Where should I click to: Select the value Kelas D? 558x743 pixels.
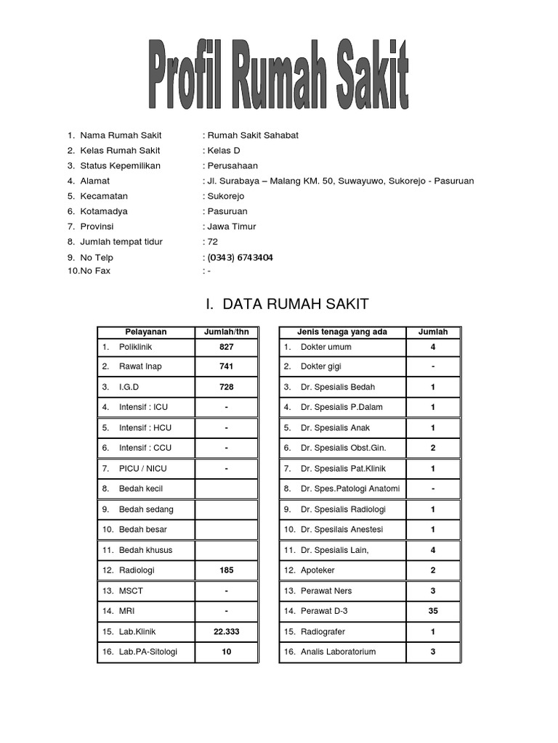[223, 150]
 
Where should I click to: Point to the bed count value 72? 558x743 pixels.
[212, 242]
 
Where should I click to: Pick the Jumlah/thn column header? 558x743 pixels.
[226, 332]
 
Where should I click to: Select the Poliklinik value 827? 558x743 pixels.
[226, 347]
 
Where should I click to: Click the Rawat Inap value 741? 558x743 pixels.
[226, 366]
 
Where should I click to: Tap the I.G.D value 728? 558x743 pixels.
[226, 387]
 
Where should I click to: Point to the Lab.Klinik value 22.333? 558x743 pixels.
[226, 632]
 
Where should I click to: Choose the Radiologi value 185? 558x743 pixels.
[226, 570]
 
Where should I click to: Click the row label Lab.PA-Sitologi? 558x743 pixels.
[148, 652]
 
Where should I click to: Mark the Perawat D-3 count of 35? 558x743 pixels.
[433, 611]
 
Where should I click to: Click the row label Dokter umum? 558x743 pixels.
[325, 347]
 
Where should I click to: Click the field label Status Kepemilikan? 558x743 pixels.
[121, 165]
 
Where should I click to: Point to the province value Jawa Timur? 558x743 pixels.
[232, 226]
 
